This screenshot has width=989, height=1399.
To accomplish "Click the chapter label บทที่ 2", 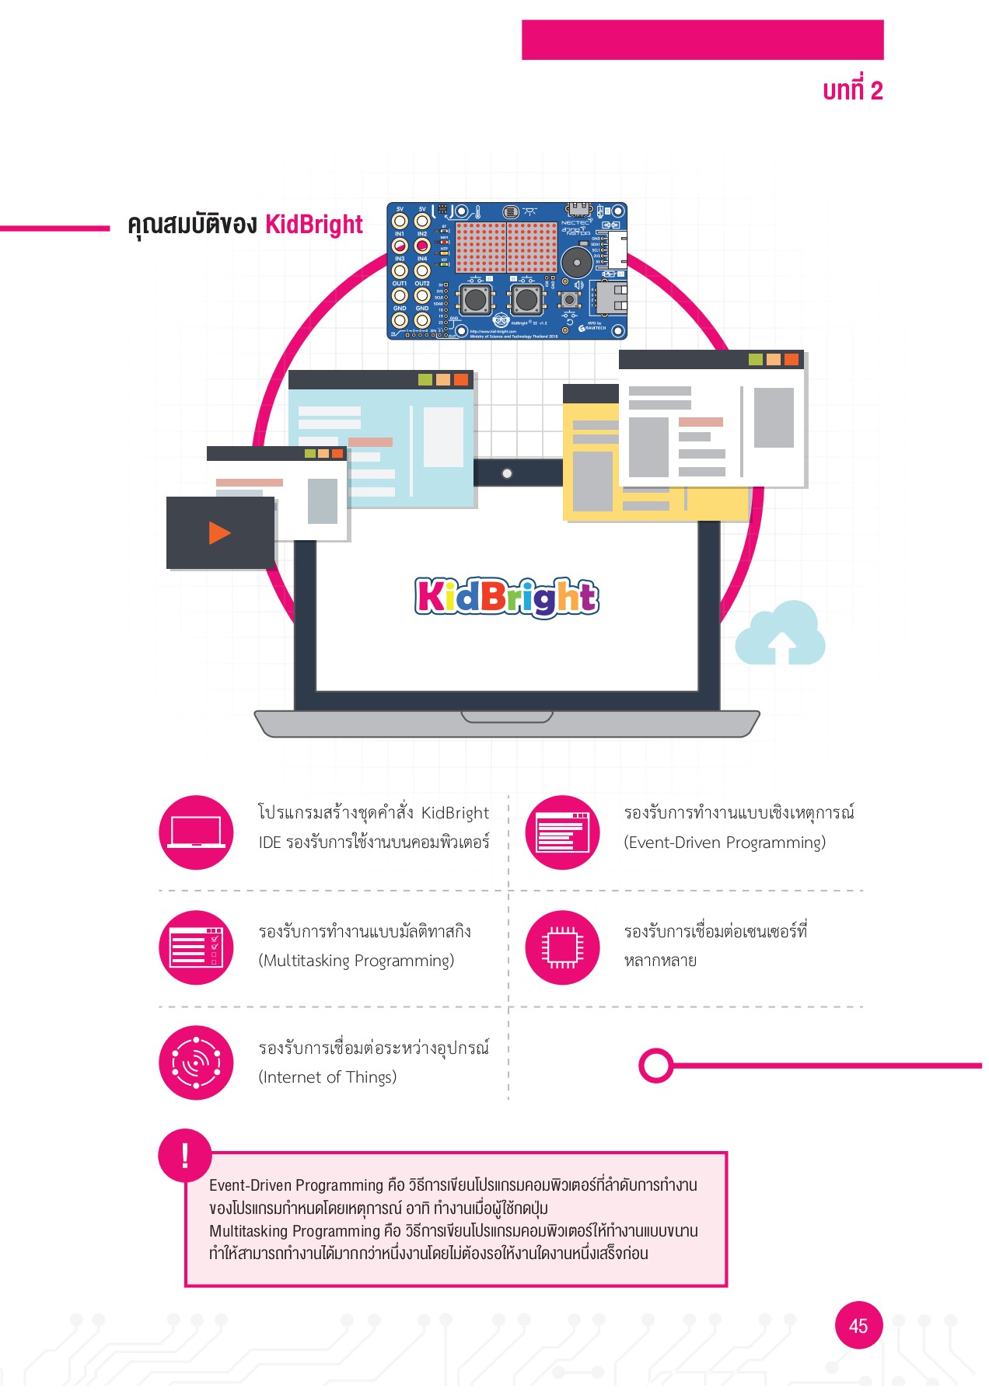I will click(x=852, y=91).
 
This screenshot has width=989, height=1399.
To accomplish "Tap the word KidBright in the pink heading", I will click(x=313, y=225).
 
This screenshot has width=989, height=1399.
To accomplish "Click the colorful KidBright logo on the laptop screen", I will click(x=507, y=597).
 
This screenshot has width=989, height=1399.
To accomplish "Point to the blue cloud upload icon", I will click(x=780, y=634).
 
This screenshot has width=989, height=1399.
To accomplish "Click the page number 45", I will click(x=858, y=1325).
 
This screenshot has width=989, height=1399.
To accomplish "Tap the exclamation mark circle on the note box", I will click(x=185, y=1155).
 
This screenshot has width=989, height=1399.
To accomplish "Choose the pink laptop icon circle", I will click(x=196, y=832).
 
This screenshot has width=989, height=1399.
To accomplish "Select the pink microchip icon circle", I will click(x=562, y=947).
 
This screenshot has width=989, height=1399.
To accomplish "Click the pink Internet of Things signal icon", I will click(x=196, y=1062).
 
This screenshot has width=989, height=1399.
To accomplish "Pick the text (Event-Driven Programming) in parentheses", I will click(x=725, y=843).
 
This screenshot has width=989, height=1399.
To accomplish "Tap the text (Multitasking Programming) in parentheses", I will click(x=356, y=961).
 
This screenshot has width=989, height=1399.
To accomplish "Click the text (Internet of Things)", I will click(x=327, y=1078).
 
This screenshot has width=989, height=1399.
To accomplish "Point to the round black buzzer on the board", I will click(x=576, y=262).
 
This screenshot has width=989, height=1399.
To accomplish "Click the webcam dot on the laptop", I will click(x=507, y=473).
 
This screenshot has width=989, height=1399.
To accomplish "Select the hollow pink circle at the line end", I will click(x=656, y=1066).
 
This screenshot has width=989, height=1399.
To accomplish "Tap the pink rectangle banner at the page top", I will click(x=702, y=40).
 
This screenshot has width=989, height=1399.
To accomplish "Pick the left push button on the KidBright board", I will click(x=476, y=299).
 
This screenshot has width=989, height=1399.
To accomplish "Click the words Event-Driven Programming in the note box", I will click(x=296, y=1186).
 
